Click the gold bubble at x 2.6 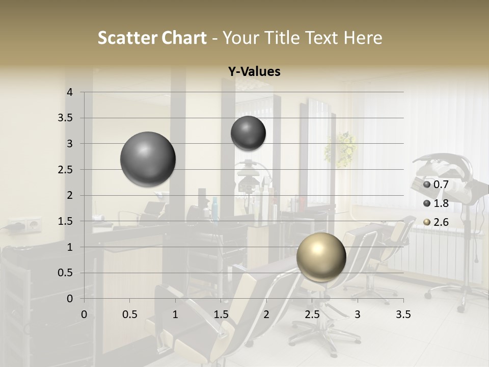click(321, 257)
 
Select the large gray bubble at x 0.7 click(148, 159)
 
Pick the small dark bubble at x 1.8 click(248, 134)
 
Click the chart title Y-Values click(254, 72)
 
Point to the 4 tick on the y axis click(70, 92)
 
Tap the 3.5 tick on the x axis click(403, 314)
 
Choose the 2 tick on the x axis click(266, 314)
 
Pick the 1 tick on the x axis click(175, 314)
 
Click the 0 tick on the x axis click(84, 314)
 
